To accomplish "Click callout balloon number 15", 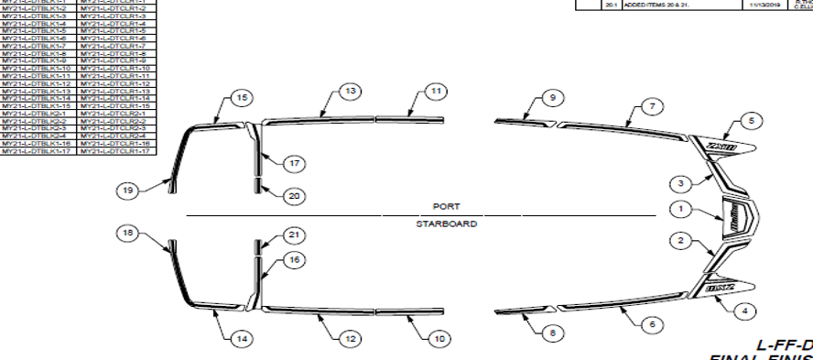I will point(242,97).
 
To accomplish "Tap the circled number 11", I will point(436,91).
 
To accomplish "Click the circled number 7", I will point(650,107).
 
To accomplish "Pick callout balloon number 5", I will point(749,120).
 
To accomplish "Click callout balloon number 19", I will point(130,191).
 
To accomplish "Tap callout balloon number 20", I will point(293,195).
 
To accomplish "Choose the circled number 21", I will point(293,235).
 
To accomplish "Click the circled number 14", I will point(241,339).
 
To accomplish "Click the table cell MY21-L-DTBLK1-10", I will point(38,69).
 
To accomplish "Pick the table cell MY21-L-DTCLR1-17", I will point(114,149).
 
